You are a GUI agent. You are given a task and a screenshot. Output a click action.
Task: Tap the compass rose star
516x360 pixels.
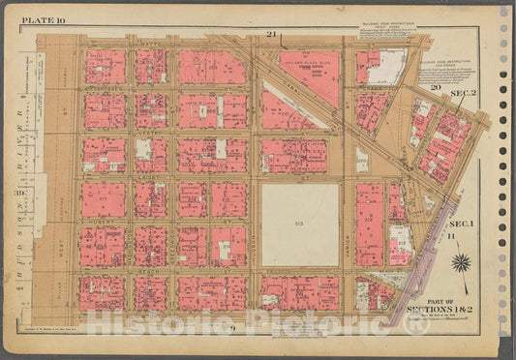(462, 262)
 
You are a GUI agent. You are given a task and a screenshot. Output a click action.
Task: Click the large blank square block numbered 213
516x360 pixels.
(300, 225)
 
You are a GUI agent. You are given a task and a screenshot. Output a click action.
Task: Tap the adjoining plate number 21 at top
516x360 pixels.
(273, 36)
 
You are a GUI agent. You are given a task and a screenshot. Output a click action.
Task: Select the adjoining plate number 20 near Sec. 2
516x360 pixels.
(436, 88)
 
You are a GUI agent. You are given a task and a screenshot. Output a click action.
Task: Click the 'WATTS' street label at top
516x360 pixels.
(148, 45)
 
